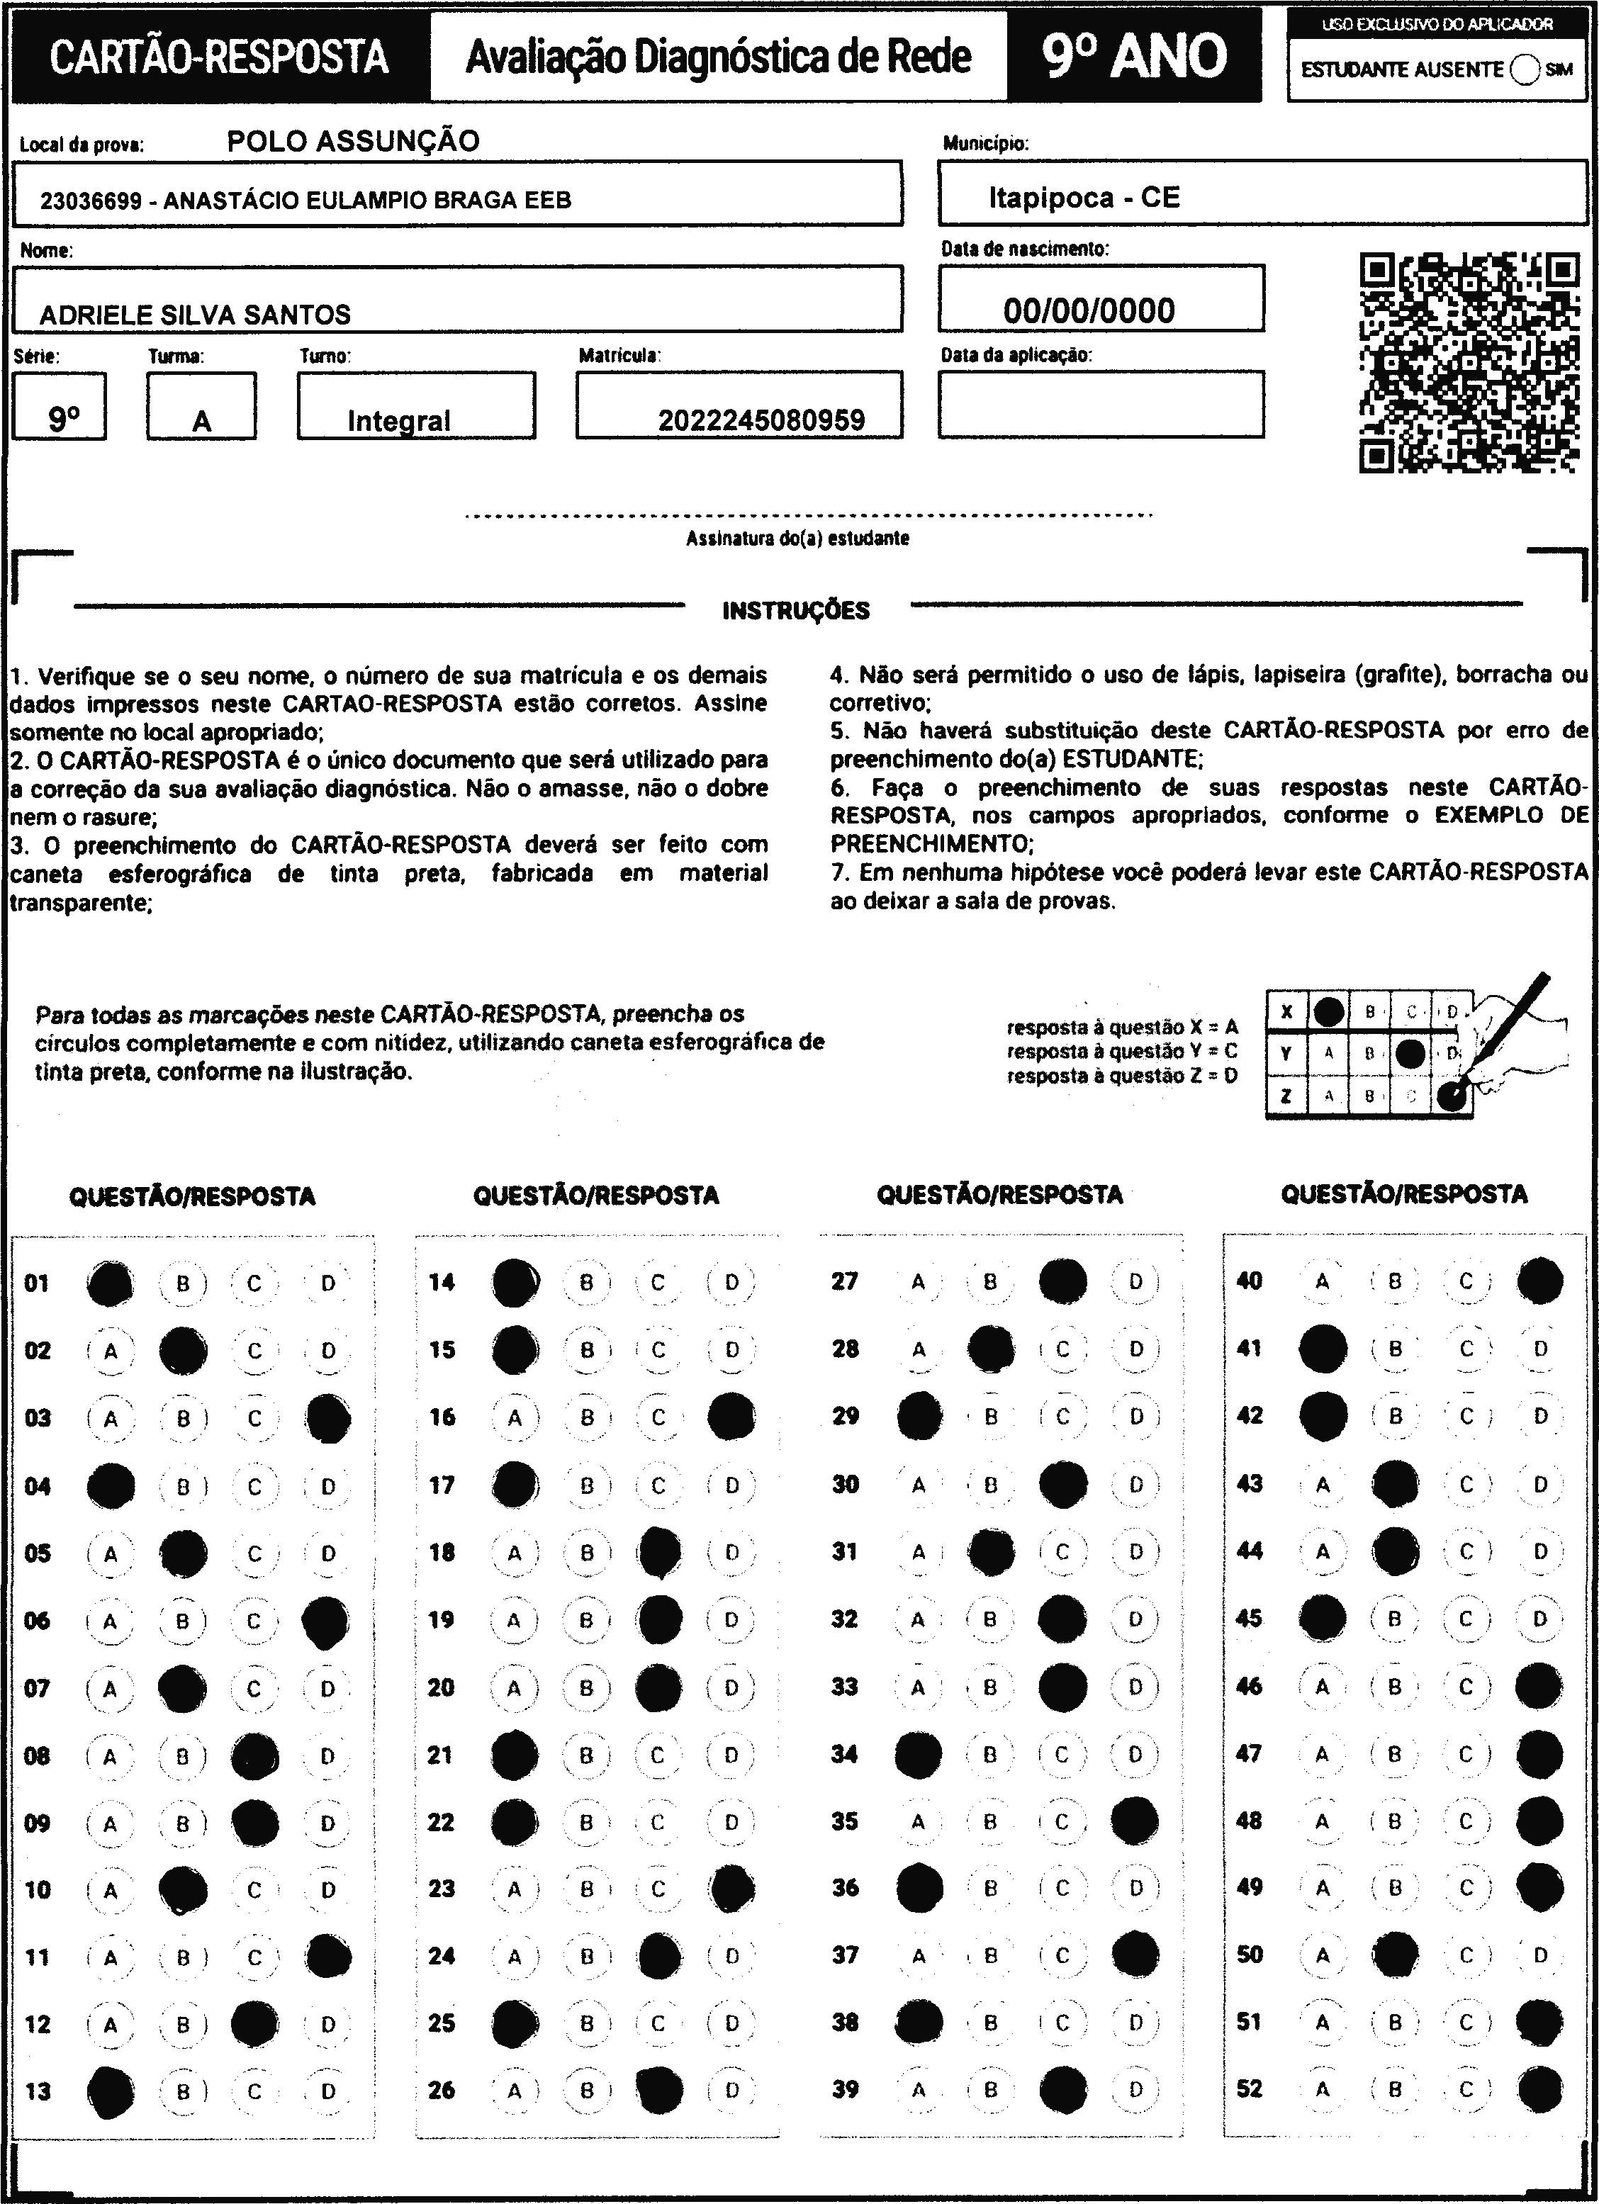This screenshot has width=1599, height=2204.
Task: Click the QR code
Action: coord(1468,362)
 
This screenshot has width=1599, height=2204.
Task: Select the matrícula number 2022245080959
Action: coord(761,420)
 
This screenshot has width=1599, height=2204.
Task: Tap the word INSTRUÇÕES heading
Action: coord(796,612)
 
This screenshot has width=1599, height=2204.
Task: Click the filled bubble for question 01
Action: coord(110,1283)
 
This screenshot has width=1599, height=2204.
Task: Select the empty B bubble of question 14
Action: coord(586,1282)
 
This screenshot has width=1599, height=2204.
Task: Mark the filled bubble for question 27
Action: coord(1062,1281)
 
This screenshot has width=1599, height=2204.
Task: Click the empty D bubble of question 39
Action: coord(1135,2088)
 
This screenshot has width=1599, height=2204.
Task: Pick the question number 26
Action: coord(442,2089)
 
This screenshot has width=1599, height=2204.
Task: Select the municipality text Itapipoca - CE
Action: coord(1084,198)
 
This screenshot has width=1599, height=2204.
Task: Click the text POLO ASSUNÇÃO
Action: coord(353,142)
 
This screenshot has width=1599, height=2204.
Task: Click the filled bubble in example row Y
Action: coord(1410,1052)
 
